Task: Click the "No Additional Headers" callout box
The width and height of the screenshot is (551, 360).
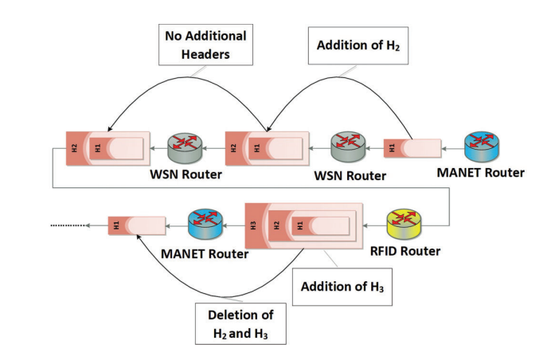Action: coord(205,45)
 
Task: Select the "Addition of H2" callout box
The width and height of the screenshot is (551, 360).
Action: coord(358,45)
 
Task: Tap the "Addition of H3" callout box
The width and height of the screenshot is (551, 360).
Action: coord(342,287)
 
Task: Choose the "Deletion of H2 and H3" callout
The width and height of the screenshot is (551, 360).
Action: coord(240,323)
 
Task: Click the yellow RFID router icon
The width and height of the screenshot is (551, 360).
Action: coord(404,224)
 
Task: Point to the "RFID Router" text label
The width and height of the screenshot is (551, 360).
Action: coord(405,252)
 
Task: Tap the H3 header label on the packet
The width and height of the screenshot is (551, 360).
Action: coord(253,225)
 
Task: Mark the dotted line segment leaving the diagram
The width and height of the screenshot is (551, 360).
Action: coord(68,225)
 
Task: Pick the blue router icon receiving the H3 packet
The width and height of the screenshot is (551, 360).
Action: coord(205,224)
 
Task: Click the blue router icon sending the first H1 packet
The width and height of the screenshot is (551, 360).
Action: coord(482,147)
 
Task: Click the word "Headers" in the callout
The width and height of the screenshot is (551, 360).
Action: coord(205,54)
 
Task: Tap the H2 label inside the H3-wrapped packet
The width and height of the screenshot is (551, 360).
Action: coord(276,225)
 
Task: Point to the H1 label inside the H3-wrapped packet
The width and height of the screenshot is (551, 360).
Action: coord(299,225)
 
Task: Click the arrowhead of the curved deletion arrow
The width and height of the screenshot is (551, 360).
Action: coord(138,237)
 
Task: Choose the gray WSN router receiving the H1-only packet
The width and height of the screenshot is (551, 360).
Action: coord(348,147)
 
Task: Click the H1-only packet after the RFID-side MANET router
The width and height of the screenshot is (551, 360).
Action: coord(137,225)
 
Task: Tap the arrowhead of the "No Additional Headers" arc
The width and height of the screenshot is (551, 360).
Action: coord(110,129)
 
